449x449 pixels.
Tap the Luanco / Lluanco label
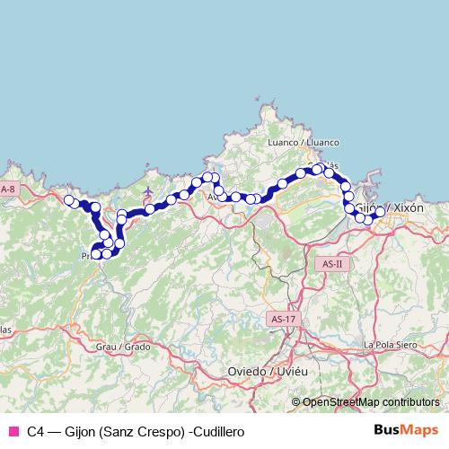pyautogui.click(x=304, y=142)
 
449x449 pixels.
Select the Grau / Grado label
pyautogui.click(x=124, y=346)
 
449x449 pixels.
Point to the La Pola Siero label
pyautogui.click(x=392, y=344)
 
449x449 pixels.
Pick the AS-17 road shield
pyautogui.click(x=282, y=319)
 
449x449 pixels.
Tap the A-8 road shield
pyautogui.click(x=9, y=189)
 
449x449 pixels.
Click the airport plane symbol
pyautogui.click(x=148, y=190)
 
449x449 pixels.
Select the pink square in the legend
pyautogui.click(x=13, y=431)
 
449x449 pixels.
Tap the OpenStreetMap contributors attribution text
pyautogui.click(x=371, y=402)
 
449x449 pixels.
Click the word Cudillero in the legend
pyautogui.click(x=216, y=432)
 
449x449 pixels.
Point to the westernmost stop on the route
pyautogui.click(x=68, y=200)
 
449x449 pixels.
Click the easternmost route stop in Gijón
pyautogui.click(x=380, y=212)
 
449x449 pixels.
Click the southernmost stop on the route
pyautogui.click(x=96, y=255)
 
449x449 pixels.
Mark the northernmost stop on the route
pyautogui.click(x=318, y=168)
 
